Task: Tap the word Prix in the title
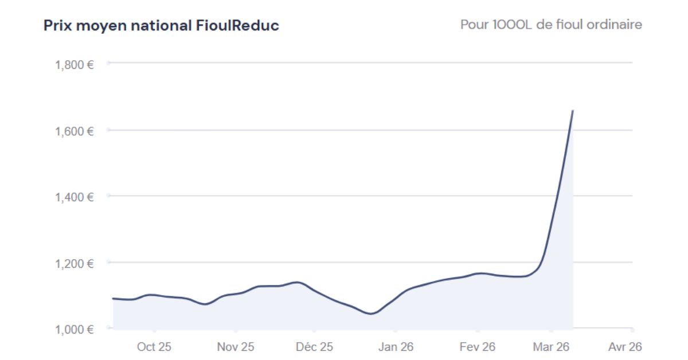pos(56,26)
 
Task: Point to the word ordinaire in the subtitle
pos(614,25)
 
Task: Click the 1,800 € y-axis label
pos(75,64)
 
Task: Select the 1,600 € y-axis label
pos(75,131)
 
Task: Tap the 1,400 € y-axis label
pos(75,197)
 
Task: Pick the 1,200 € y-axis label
pos(75,263)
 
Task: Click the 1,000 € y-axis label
pos(75,330)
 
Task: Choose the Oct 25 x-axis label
pos(154,347)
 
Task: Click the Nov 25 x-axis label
pos(236,347)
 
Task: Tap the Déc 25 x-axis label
pos(315,347)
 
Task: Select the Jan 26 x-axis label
pos(395,347)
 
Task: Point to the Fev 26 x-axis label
pos(478,347)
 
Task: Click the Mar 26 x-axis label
pos(550,347)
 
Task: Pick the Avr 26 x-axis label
pos(624,347)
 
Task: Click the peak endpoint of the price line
pos(573,110)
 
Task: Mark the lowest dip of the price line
pos(371,314)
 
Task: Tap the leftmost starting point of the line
pos(113,298)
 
